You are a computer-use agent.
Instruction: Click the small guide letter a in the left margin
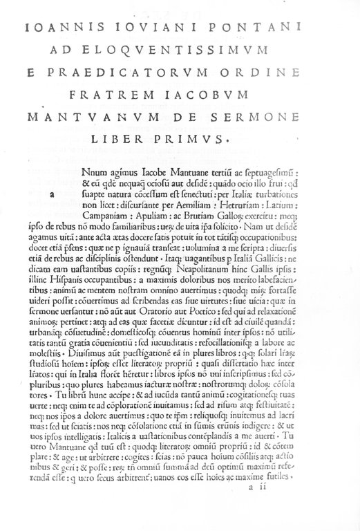[x=52, y=195]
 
